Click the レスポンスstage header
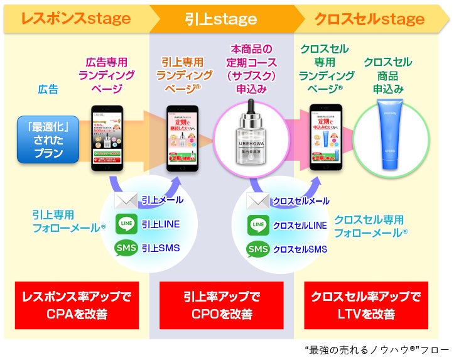pyautogui.click(x=75, y=18)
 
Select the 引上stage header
pyautogui.click(x=220, y=18)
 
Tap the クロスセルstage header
pyautogui.click(x=369, y=18)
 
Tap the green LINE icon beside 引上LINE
pyautogui.click(x=126, y=224)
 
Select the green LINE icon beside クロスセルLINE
pyautogui.click(x=257, y=224)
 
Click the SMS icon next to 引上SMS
pyautogui.click(x=126, y=248)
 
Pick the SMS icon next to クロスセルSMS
pyautogui.click(x=257, y=249)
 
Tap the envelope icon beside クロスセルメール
pyautogui.click(x=257, y=201)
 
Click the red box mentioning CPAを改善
pyautogui.click(x=76, y=305)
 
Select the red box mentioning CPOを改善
pyautogui.click(x=221, y=305)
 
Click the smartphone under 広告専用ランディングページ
pyautogui.click(x=105, y=138)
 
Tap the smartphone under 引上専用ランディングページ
pyautogui.click(x=183, y=138)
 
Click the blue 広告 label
pyautogui.click(x=48, y=89)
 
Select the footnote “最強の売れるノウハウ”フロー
pyautogui.click(x=377, y=349)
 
